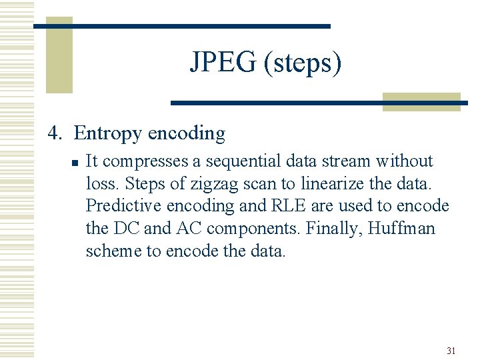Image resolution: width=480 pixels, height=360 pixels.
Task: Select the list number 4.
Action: coord(55,133)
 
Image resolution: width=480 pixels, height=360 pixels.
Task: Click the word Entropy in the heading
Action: coord(107,134)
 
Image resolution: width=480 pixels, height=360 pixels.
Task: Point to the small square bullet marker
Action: coord(76,162)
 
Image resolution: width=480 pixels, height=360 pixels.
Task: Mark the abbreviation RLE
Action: coord(291,207)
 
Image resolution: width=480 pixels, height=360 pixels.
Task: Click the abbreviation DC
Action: coord(126,229)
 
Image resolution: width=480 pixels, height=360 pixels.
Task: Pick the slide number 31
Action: coord(451,351)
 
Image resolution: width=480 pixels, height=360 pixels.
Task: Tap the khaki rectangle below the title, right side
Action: coord(421,101)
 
